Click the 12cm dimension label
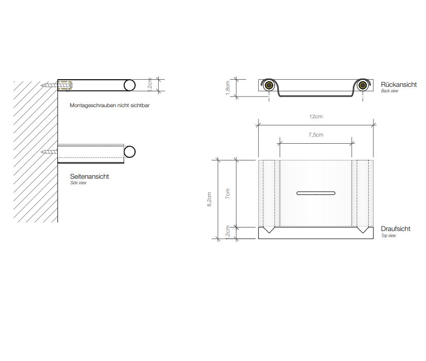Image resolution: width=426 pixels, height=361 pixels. pos(315,116)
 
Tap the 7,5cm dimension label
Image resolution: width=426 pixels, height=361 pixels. pos(315,135)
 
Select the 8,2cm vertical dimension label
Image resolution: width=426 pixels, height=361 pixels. pos(209,199)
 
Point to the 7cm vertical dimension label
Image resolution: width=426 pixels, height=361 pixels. pos(228,193)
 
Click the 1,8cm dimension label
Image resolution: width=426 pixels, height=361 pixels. pos(228,88)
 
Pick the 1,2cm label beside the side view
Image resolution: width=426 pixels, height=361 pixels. pos(150,85)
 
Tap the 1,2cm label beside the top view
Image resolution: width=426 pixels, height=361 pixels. pos(228,233)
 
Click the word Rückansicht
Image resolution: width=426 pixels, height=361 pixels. pos(399,85)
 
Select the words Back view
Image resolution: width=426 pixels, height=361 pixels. pos(389,91)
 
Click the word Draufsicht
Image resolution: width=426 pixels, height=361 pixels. pos(395,229)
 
